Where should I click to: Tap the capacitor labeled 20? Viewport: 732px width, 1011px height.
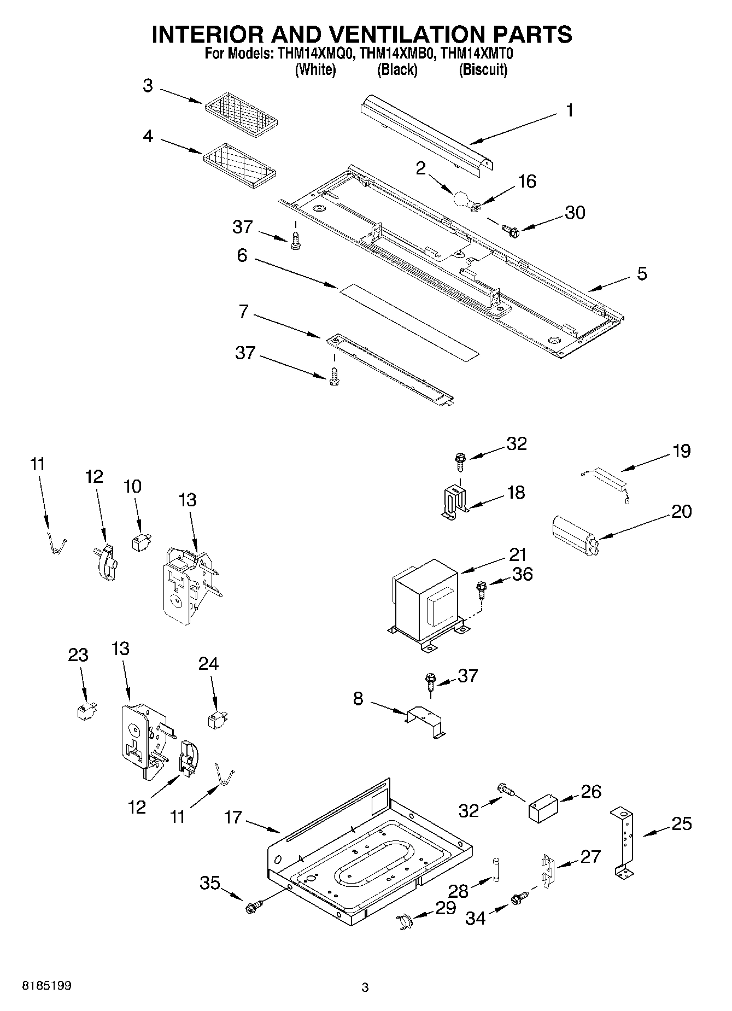tap(572, 530)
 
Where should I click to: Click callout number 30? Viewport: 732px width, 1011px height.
tap(575, 212)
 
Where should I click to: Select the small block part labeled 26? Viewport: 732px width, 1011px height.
tap(542, 808)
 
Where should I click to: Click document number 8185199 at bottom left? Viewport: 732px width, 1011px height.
tap(46, 986)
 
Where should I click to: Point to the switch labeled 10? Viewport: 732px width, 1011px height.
tap(140, 542)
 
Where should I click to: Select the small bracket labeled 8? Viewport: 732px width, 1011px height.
tap(426, 722)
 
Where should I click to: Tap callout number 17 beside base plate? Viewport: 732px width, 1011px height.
tap(233, 817)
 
